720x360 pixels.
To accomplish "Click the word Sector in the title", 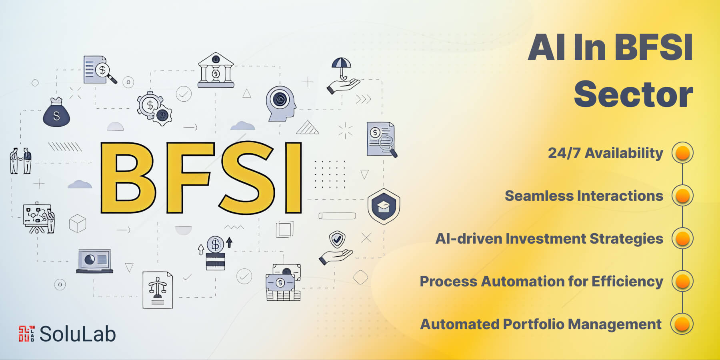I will point(633,94).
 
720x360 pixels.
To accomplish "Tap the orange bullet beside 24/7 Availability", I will point(682,153).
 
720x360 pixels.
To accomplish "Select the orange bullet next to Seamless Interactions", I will point(682,196).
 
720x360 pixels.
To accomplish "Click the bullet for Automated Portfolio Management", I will point(682,324).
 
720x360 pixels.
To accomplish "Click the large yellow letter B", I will point(127,178).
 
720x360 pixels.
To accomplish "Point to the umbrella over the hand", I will point(341,64).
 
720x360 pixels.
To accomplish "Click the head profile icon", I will point(281,103).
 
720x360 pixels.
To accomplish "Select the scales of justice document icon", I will point(158,290).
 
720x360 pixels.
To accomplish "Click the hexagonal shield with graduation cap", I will point(384,206).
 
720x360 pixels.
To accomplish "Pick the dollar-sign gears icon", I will point(154,108).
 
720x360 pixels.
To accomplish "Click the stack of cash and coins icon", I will point(283,282).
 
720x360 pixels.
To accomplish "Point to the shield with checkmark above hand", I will point(337,240).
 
